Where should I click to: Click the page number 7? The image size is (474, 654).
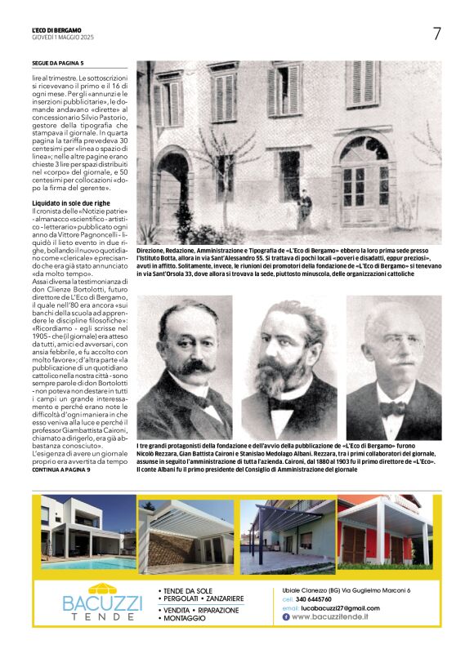436,33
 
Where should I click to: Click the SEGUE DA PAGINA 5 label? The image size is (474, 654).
58,62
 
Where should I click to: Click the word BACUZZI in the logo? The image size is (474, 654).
102,605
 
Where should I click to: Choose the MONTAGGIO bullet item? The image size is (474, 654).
184,619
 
